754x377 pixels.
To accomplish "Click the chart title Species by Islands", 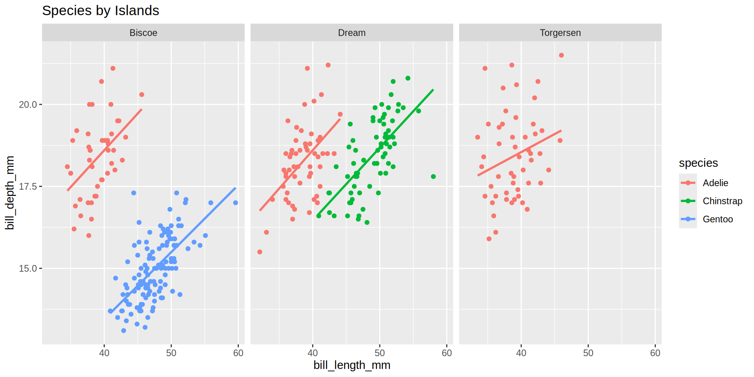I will click(x=101, y=11).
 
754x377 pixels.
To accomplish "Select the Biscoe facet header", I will click(x=143, y=33).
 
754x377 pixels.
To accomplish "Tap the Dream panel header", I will click(x=351, y=33).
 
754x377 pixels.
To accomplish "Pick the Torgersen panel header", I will click(x=560, y=33).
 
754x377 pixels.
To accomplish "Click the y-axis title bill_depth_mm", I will click(x=10, y=192).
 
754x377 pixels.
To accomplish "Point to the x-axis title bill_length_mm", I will click(x=351, y=365).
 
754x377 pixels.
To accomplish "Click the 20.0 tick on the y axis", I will click(x=28, y=104).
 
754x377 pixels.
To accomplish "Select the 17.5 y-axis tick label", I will click(x=28, y=187).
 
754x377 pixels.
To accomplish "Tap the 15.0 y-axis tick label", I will click(x=28, y=269).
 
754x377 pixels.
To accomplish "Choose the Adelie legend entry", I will click(x=715, y=183).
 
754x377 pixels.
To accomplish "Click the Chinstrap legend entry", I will click(x=722, y=201).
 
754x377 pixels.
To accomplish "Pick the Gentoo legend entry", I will click(x=717, y=219).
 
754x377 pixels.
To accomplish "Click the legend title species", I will click(x=698, y=163).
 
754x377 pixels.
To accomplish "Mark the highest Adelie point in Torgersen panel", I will click(x=561, y=55).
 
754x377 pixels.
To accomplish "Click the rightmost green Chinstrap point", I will click(x=433, y=177).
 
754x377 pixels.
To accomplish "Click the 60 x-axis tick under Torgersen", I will click(x=655, y=353).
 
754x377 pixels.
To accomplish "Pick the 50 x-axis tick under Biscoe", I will click(x=171, y=353).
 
